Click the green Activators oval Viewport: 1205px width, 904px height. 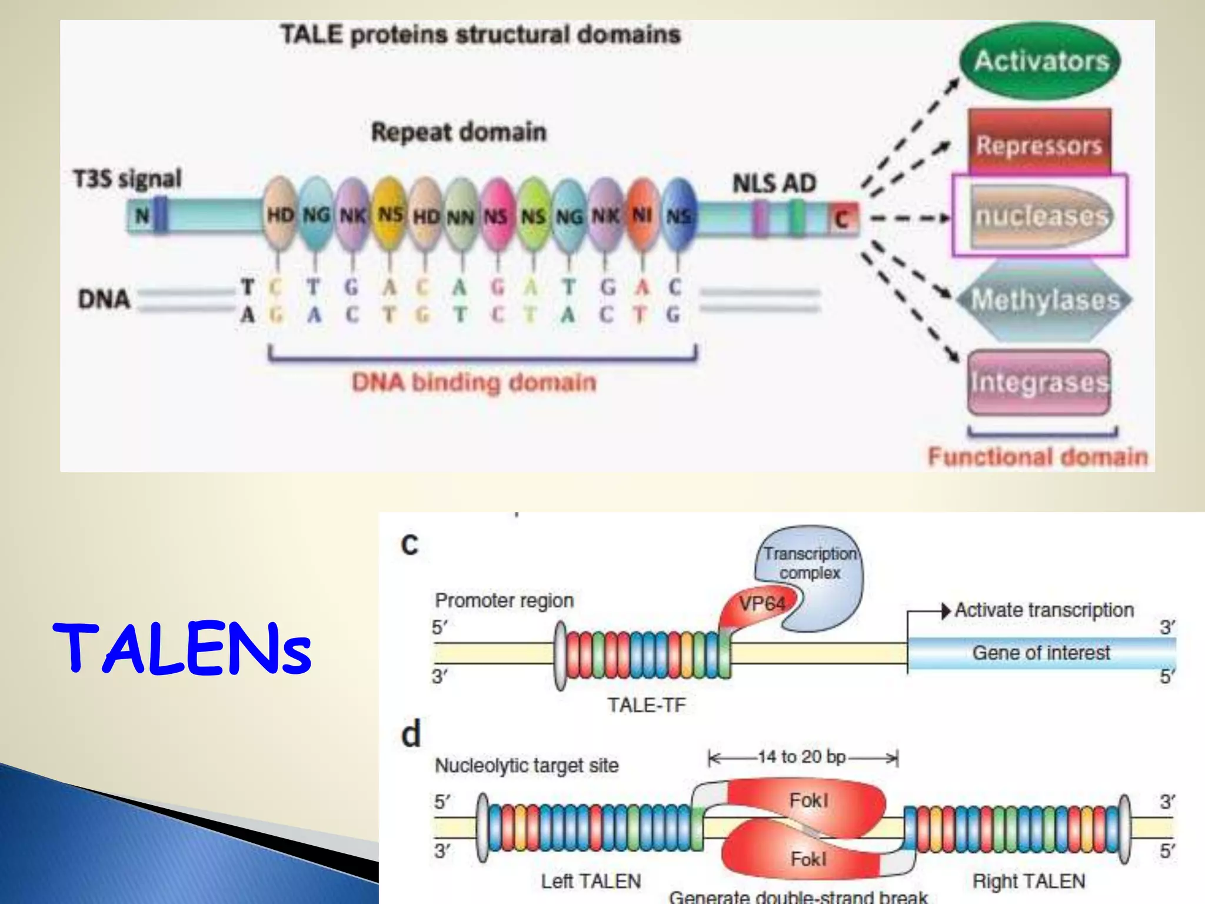click(x=1040, y=61)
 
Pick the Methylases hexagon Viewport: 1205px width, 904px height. click(x=1044, y=300)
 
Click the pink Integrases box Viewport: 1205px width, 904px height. click(x=1039, y=383)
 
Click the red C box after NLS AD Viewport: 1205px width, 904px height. click(x=843, y=219)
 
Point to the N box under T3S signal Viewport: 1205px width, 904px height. click(x=142, y=215)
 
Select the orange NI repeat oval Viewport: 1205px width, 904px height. click(x=642, y=215)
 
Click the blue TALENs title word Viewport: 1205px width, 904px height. click(x=182, y=649)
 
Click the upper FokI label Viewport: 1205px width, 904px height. click(x=808, y=800)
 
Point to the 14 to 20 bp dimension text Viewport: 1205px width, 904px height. click(x=801, y=757)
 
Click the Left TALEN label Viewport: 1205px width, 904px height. click(x=591, y=881)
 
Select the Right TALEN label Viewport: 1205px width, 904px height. click(x=1028, y=881)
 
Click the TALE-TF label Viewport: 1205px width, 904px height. click(x=647, y=705)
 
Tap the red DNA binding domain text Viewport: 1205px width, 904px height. click(x=474, y=383)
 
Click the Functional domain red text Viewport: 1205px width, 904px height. click(x=1037, y=457)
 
